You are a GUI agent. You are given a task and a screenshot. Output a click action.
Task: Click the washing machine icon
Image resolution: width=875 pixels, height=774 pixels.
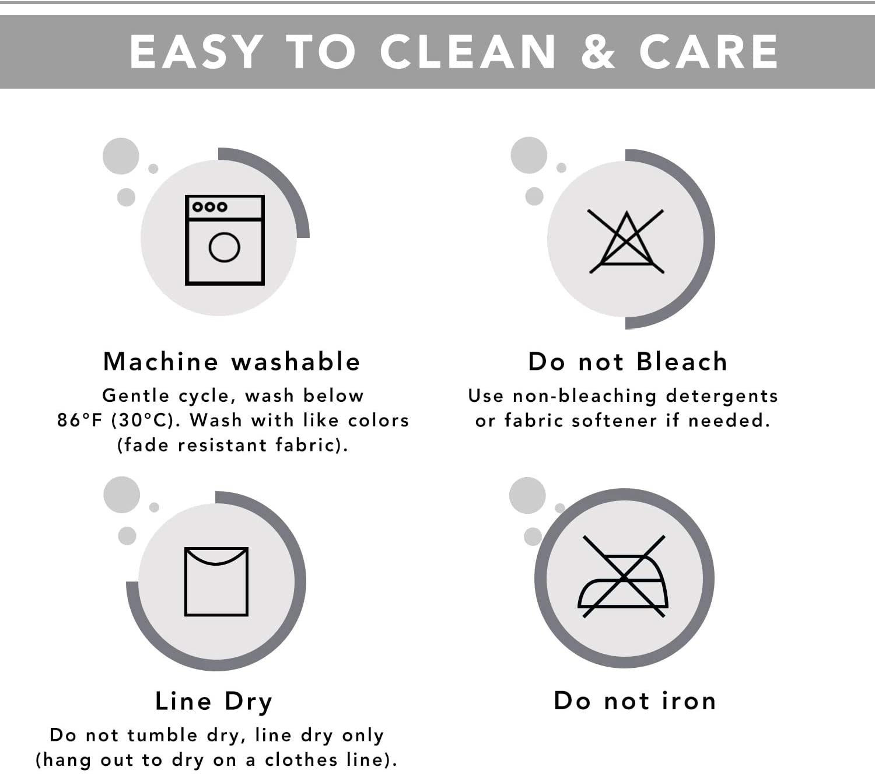coord(225,240)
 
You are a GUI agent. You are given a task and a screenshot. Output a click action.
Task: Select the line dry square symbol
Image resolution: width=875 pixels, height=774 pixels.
coord(216,582)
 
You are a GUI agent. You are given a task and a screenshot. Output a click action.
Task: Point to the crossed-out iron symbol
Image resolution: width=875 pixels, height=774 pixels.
coord(623,577)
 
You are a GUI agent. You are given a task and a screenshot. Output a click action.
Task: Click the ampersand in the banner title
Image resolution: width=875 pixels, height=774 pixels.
coord(598,52)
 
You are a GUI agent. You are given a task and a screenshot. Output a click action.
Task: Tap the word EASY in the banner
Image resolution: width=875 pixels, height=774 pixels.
coord(196,52)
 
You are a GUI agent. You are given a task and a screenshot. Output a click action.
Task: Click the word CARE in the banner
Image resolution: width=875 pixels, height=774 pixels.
coord(709,52)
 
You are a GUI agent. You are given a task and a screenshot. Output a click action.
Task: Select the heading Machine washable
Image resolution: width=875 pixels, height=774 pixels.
coord(232,362)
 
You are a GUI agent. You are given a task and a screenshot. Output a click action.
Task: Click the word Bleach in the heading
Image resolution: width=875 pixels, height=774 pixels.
coord(682,362)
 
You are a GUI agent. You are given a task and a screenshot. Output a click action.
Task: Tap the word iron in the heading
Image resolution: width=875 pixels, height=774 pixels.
coord(689,701)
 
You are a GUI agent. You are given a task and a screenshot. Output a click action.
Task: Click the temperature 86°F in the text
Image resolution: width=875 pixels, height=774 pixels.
coord(79,421)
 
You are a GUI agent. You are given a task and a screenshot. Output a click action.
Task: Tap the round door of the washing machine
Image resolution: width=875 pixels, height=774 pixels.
coord(224,247)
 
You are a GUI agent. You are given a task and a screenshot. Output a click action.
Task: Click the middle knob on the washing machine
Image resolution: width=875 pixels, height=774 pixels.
coord(210,207)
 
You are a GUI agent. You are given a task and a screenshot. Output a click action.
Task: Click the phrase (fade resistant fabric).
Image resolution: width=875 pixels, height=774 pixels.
coord(232,445)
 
